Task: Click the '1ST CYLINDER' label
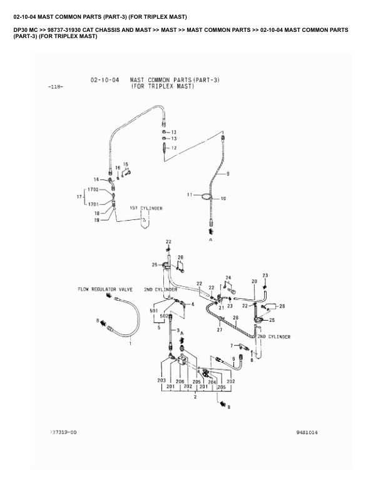click(x=146, y=207)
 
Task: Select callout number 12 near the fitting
click(x=175, y=148)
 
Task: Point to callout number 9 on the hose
click(x=227, y=173)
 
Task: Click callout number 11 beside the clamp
click(x=188, y=196)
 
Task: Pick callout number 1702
click(x=95, y=189)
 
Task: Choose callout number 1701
click(x=95, y=204)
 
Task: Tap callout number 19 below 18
click(x=97, y=220)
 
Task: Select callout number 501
click(x=153, y=311)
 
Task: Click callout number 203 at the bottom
click(x=161, y=381)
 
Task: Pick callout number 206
click(x=179, y=381)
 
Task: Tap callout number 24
click(x=228, y=277)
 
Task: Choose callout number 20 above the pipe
click(x=254, y=282)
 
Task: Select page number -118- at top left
click(x=54, y=87)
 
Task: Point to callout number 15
click(x=125, y=164)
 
